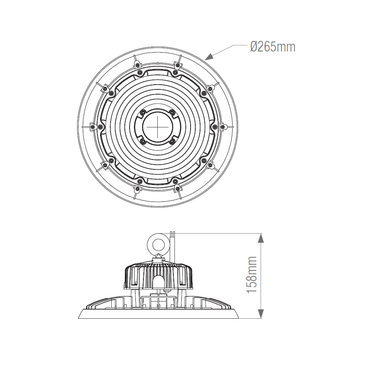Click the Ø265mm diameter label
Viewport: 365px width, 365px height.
[273, 47]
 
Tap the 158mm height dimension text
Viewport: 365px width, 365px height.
[251, 274]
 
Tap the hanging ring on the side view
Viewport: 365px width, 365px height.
[158, 243]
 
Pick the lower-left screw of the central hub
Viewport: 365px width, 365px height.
[144, 141]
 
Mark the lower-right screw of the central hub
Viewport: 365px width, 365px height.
[172, 141]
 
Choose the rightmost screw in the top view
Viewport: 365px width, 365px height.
[222, 127]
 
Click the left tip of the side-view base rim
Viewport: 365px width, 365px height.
[79, 318]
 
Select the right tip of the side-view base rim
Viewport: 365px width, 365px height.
[238, 318]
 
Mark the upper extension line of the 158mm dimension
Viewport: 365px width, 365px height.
[219, 233]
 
